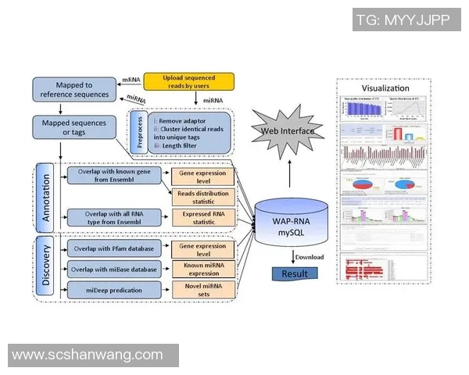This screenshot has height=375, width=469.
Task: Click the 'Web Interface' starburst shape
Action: coord(287,130)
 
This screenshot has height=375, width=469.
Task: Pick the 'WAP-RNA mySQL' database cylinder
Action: coord(291,216)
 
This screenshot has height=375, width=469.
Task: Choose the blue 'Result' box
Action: coord(295,273)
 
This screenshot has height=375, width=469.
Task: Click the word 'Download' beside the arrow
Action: coord(310,256)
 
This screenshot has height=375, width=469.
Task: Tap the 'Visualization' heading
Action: coord(385,88)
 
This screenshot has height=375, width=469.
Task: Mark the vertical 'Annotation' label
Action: coord(45,198)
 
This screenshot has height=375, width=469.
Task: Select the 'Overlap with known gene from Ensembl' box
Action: coord(115,175)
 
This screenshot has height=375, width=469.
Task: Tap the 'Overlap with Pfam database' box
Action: coord(114,249)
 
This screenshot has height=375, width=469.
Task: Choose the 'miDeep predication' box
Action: coord(114,290)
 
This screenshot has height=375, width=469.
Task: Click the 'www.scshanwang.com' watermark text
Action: coord(88,355)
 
